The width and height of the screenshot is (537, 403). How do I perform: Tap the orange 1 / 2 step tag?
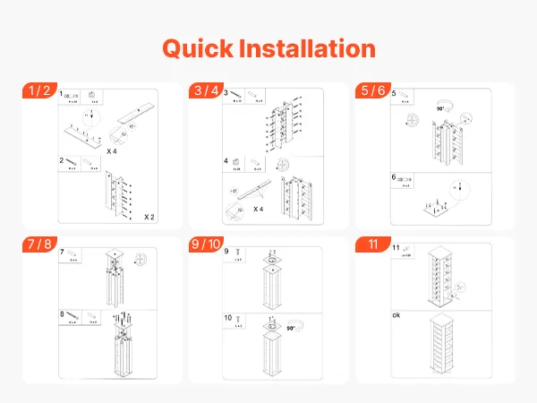[40, 90]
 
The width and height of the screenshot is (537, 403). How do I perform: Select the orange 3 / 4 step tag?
[208, 90]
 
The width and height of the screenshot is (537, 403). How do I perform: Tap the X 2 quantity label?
[150, 218]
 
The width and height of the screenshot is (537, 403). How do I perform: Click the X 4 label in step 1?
[114, 153]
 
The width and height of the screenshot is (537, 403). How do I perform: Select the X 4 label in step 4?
[259, 209]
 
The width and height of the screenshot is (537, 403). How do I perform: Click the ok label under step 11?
[396, 315]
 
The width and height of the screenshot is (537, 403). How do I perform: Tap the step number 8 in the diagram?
[63, 314]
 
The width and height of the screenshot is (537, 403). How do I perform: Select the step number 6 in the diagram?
[394, 177]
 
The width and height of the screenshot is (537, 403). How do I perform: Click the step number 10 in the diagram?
[228, 318]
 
